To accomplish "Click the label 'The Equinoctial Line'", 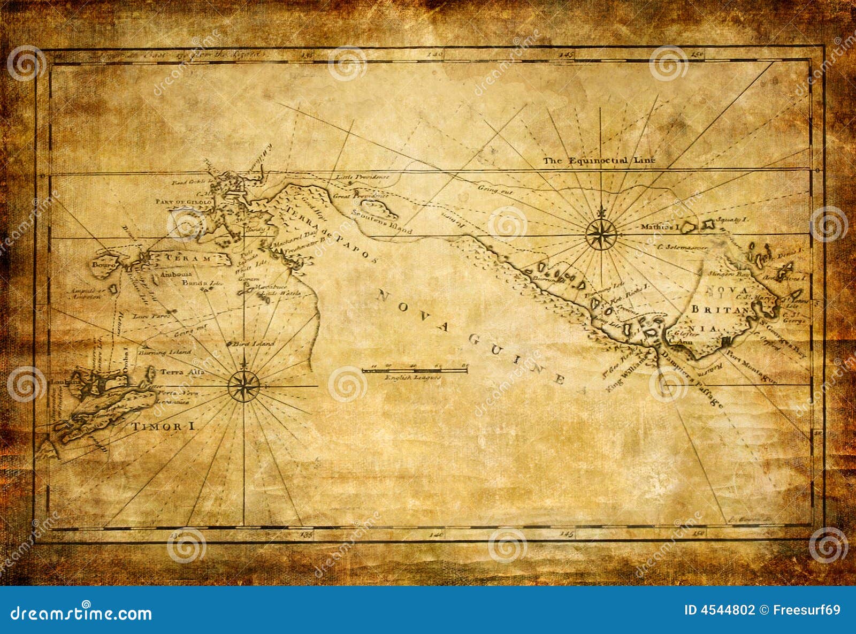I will [x=599, y=160].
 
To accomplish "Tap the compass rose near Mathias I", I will [x=601, y=234].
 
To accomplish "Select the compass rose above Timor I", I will [x=244, y=385].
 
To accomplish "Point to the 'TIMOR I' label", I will [x=163, y=427].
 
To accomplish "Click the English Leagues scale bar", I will [x=415, y=370].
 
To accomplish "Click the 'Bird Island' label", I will [x=255, y=344].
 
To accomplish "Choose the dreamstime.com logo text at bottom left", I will [x=81, y=613].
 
